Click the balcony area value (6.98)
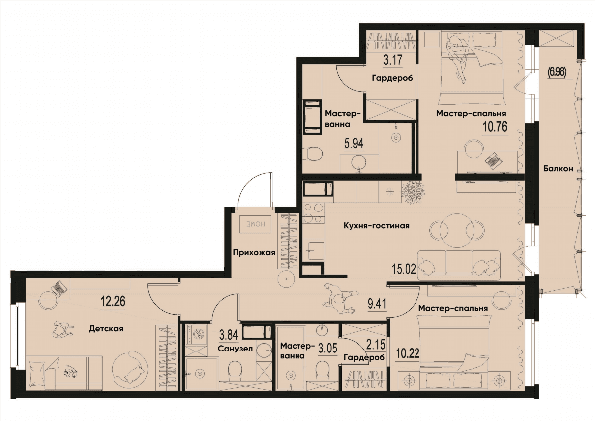tap(557, 72)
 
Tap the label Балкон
tap(558, 169)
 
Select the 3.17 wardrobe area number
tap(392, 60)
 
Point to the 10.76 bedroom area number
tap(495, 126)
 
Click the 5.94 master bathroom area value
tap(354, 143)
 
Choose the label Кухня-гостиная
tap(376, 226)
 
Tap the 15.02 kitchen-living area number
tap(403, 269)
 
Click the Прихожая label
tap(254, 253)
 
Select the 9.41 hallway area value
tap(377, 304)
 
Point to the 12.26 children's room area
tap(113, 302)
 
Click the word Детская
tap(106, 328)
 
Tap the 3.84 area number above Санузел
tap(229, 335)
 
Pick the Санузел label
tap(235, 349)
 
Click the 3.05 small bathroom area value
tap(328, 349)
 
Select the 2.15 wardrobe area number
tap(376, 345)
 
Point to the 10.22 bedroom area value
tap(408, 354)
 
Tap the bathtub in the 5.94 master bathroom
tap(312, 117)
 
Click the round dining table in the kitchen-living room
tap(453, 230)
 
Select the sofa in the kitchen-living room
tap(459, 265)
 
